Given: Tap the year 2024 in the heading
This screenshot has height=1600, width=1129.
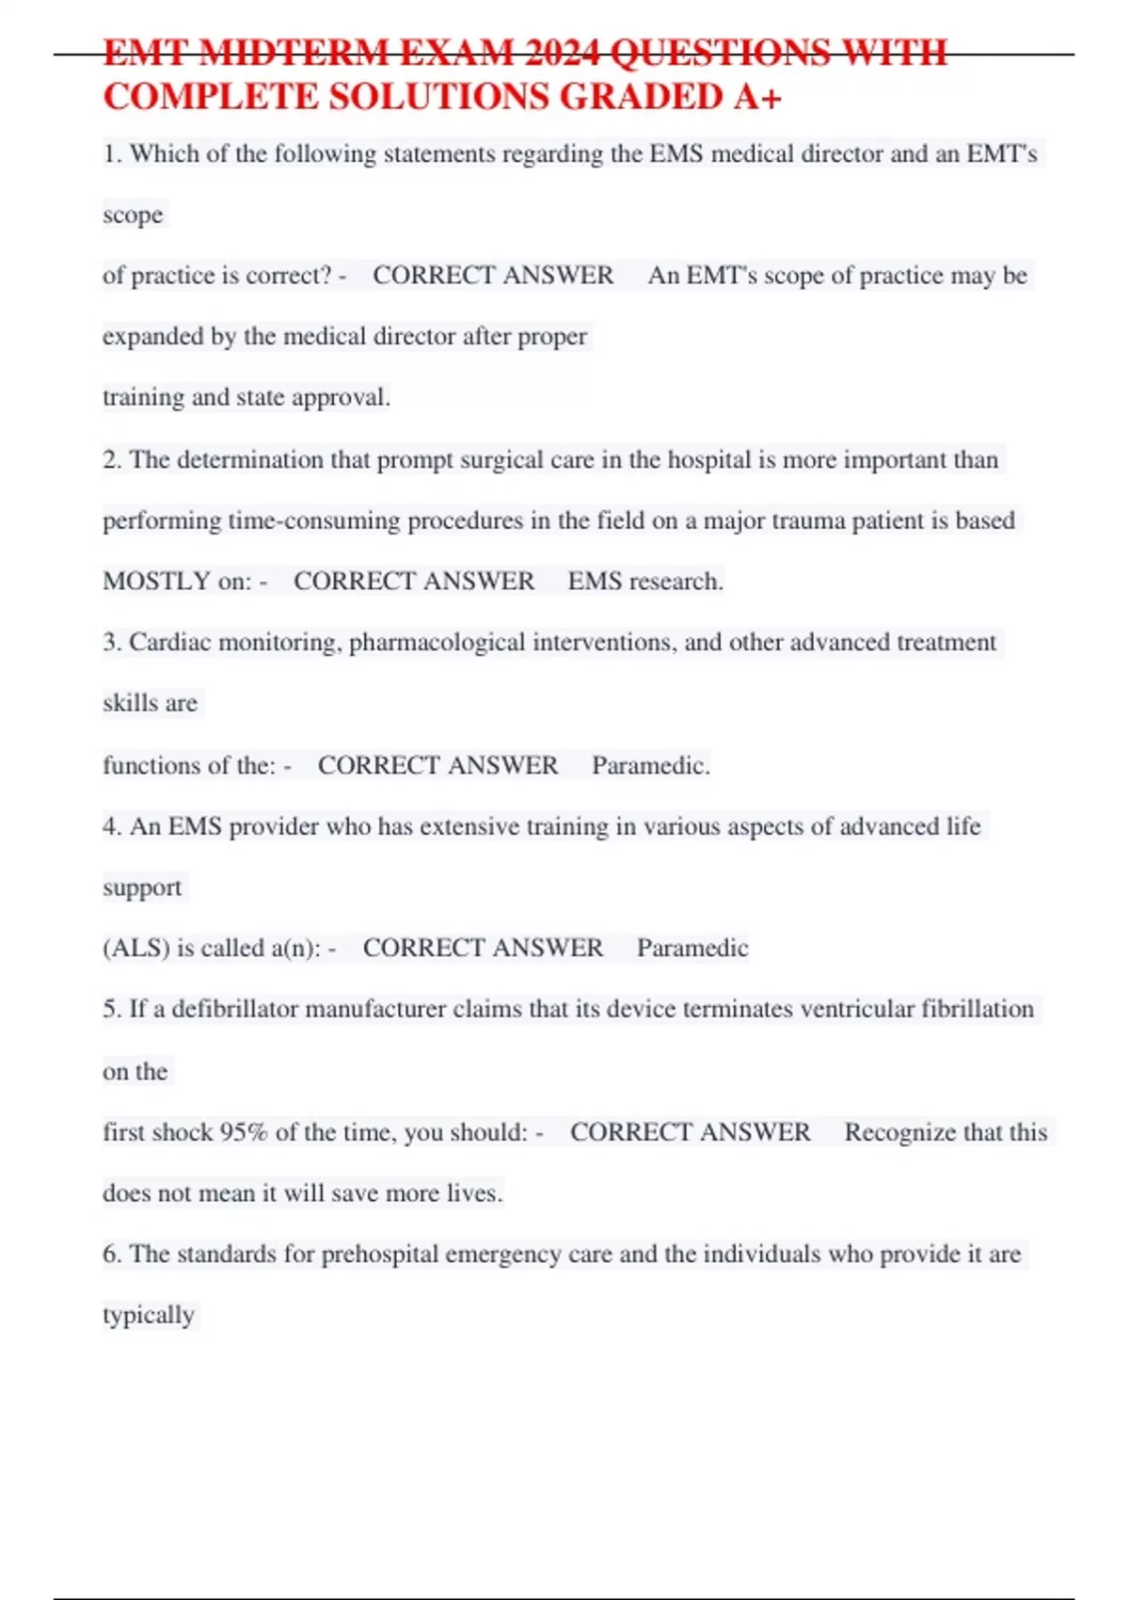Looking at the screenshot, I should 562,53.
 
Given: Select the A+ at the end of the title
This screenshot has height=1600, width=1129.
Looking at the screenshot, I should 757,97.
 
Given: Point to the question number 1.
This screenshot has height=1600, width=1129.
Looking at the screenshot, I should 111,153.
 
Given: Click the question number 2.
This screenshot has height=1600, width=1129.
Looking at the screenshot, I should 111,459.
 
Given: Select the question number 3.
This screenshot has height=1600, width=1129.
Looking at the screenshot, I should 111,642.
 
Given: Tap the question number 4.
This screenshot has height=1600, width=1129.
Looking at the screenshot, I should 111,826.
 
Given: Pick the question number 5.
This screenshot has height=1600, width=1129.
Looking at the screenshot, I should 111,1009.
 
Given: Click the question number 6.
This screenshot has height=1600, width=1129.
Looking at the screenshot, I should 111,1254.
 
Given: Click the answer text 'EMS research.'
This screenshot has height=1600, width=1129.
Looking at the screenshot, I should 645,581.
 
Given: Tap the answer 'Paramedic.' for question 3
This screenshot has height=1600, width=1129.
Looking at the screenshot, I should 650,765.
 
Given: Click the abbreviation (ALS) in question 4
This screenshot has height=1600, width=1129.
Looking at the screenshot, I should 136,948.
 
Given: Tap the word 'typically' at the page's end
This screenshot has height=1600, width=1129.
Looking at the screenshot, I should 149,1315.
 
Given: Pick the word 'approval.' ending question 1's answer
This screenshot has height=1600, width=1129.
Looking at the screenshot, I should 341,397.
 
